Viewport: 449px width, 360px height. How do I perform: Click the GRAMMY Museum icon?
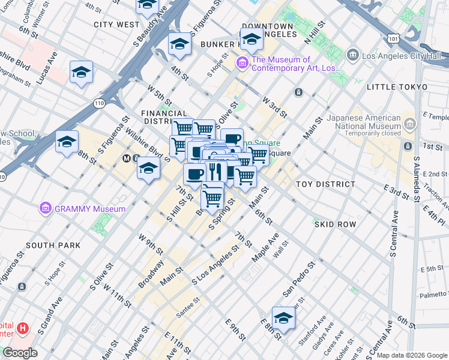[x=45, y=209]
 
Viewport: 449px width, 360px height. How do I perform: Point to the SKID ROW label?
[x=335, y=224]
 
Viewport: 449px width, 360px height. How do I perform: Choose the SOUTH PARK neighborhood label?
[x=53, y=245]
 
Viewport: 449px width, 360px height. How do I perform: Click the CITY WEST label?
[x=116, y=25]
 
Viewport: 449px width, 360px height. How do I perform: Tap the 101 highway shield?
[x=393, y=38]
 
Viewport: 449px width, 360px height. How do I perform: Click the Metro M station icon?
[x=127, y=159]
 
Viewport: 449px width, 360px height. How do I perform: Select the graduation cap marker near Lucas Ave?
[x=81, y=73]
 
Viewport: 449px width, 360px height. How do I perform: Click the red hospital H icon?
[x=23, y=328]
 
